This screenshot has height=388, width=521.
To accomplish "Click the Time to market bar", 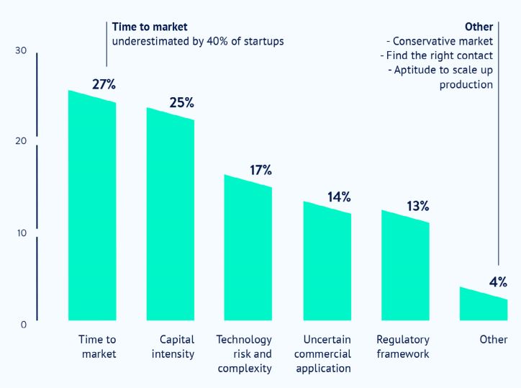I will (x=92, y=209).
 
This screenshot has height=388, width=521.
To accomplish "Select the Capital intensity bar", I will (x=171, y=216).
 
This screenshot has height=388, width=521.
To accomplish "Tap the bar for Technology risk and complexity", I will (x=248, y=248).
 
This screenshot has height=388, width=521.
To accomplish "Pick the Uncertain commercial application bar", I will (x=327, y=263).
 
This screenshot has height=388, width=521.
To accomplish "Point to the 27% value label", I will (x=104, y=84).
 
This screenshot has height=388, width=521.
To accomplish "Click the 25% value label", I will (x=181, y=102).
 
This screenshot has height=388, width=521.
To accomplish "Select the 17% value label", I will (x=260, y=170).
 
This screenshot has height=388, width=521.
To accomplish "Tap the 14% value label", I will (x=338, y=197).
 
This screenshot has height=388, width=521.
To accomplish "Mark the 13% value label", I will (x=417, y=206).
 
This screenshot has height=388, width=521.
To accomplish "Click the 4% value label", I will (x=498, y=281).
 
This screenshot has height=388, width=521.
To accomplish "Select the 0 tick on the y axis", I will (x=23, y=325).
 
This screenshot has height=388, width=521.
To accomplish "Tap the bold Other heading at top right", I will (x=479, y=27).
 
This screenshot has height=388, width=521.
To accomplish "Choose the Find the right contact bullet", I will (x=436, y=55).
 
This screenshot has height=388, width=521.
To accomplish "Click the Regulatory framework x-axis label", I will (x=403, y=346).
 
